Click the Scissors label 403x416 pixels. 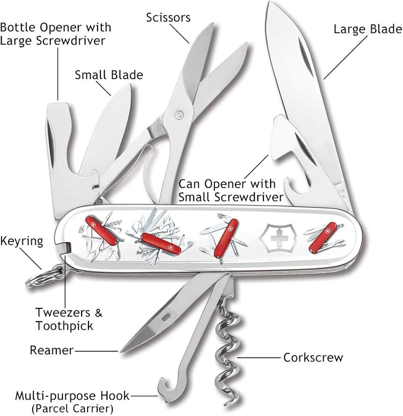pos(168,18)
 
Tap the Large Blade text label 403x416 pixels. pos(367,29)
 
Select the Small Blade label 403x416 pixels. pos(109,75)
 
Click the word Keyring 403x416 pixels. pos(22,241)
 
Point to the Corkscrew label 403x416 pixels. pos(313,357)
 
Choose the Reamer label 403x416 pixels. pos(52,350)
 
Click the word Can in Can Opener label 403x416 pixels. pos(191,185)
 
